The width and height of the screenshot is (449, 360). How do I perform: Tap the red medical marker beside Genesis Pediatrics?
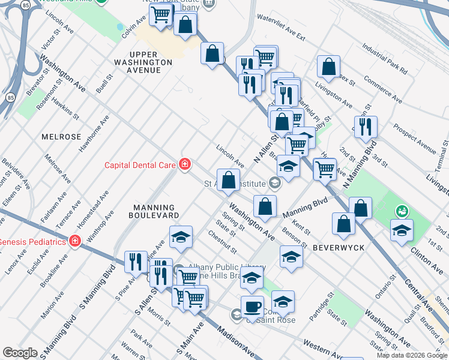[75, 242]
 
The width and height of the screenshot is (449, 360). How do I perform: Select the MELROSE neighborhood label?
[61, 137]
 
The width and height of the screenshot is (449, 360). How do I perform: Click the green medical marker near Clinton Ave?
[400, 211]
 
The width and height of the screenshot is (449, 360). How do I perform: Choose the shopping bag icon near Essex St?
[328, 67]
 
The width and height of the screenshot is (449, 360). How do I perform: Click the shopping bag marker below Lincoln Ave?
[228, 180]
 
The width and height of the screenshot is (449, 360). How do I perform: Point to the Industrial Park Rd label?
[385, 58]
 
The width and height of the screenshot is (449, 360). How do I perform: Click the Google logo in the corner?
[20, 352]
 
